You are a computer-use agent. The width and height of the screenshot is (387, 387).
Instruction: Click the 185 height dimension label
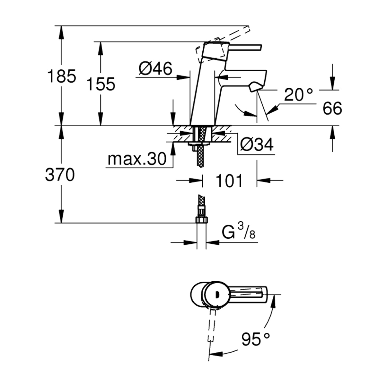point(62,76)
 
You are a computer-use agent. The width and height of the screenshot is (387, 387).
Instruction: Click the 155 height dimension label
point(101,84)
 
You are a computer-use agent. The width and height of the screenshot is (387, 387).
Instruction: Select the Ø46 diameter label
point(155,68)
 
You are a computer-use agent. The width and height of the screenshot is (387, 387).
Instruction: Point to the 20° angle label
point(298,95)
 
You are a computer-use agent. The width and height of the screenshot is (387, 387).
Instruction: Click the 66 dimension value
point(332,109)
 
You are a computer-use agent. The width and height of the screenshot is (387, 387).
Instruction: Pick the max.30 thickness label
point(137,159)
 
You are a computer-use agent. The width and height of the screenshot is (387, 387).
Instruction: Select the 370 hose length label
point(60,175)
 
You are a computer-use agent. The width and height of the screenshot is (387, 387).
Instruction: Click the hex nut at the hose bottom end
point(201,220)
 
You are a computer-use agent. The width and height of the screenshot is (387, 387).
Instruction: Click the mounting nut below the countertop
point(195,148)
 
